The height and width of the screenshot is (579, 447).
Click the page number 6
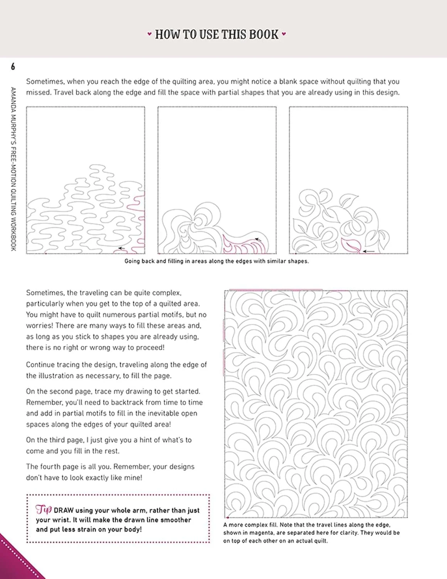click(13, 67)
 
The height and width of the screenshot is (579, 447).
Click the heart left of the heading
click(150, 34)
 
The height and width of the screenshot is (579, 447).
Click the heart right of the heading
click(284, 34)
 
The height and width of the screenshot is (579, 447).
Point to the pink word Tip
click(44, 510)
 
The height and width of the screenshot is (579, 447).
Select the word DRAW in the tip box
click(64, 511)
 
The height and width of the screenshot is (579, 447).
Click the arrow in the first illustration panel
click(121, 248)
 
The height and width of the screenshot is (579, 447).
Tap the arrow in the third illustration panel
click(369, 251)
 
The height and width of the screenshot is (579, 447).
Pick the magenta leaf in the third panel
click(351, 245)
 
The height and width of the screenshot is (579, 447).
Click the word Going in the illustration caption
click(132, 261)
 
